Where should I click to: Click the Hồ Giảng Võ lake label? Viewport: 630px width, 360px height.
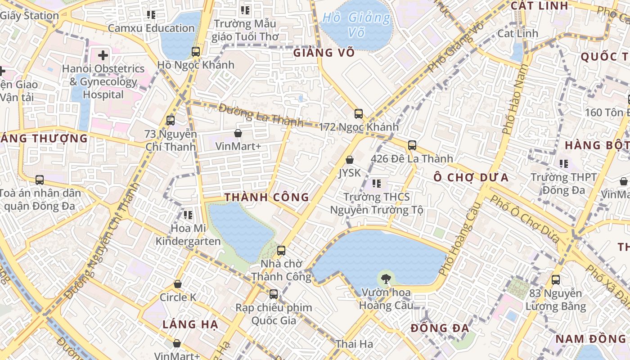[356, 25]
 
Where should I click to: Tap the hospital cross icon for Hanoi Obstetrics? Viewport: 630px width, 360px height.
[103, 55]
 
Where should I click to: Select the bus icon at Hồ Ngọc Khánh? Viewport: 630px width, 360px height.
[195, 51]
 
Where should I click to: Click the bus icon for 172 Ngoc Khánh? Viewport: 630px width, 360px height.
[358, 113]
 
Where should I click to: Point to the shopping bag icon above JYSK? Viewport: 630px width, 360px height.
[349, 160]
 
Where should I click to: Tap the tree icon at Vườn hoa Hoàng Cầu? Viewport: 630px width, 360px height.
[385, 279]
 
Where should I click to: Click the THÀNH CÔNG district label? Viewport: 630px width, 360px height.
[267, 197]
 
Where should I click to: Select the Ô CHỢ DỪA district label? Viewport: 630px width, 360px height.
[471, 177]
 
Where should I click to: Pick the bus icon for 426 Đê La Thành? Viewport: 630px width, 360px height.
[412, 145]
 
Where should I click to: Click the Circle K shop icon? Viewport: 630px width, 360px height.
[178, 284]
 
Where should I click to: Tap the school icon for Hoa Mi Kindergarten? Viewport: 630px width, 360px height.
[188, 215]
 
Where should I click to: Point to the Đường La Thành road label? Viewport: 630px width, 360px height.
[261, 115]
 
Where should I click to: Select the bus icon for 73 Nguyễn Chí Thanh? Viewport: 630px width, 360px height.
[170, 120]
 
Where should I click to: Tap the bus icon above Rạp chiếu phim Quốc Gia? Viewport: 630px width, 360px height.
[273, 294]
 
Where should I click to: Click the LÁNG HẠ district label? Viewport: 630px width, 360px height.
[190, 324]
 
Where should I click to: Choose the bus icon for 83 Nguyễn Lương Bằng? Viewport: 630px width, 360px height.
[556, 279]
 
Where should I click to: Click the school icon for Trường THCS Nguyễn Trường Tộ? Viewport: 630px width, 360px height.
[377, 183]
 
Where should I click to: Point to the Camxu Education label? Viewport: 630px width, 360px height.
[151, 28]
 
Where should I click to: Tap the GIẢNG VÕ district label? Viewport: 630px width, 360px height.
[324, 53]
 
